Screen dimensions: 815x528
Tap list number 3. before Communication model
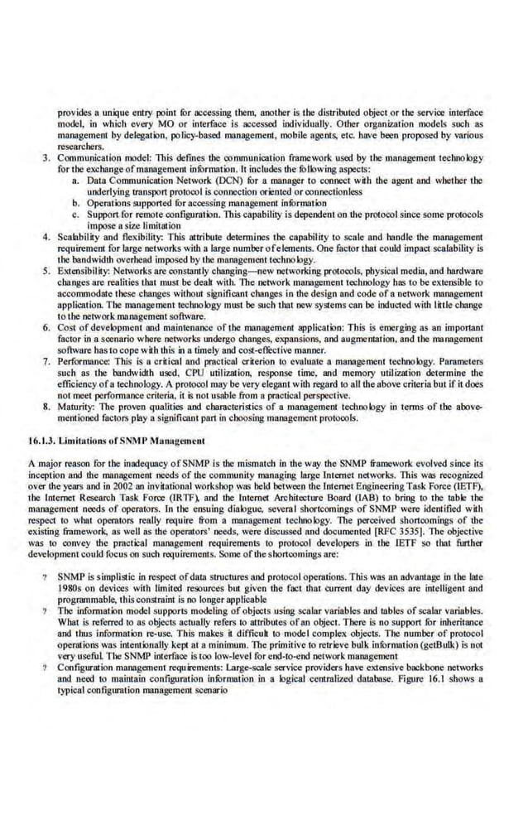point(46,157)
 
